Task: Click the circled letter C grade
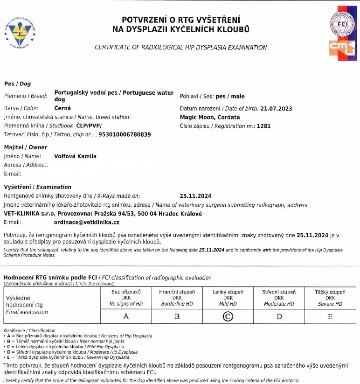(228, 316)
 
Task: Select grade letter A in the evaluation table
(125, 316)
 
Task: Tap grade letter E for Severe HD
(330, 316)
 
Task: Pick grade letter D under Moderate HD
(279, 316)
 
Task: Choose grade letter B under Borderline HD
(177, 316)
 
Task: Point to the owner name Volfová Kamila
(76, 156)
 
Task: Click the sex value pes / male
(230, 97)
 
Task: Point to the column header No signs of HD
(125, 304)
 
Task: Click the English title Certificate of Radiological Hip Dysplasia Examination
(181, 48)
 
